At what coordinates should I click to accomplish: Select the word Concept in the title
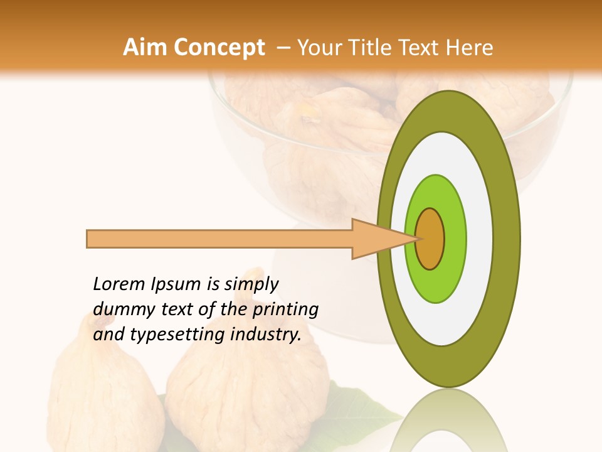click(x=219, y=48)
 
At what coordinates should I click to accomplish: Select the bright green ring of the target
click(x=454, y=239)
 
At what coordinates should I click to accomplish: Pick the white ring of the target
click(x=479, y=239)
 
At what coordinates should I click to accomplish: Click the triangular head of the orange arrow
click(x=370, y=239)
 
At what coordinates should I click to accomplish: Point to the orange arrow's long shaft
click(x=219, y=239)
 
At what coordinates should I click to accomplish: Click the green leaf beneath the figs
click(x=370, y=408)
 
